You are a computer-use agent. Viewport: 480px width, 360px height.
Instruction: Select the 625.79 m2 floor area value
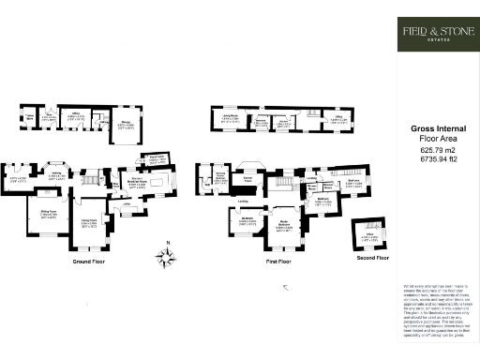pyautogui.click(x=436, y=149)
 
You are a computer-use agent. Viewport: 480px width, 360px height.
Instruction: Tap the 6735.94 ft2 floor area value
pyautogui.click(x=436, y=159)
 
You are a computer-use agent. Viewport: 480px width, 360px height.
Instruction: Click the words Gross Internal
pyautogui.click(x=436, y=129)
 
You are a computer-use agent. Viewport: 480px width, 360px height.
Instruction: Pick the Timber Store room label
pyautogui.click(x=29, y=117)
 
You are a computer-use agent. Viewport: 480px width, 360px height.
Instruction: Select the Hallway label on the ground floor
pyautogui.click(x=56, y=172)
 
